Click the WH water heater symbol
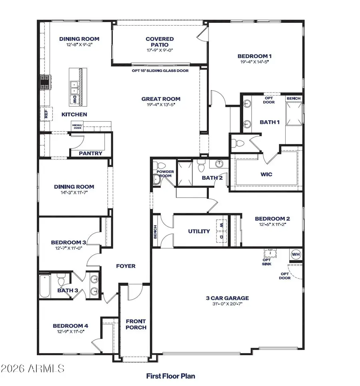[x=296, y=254]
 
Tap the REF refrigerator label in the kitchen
[x=46, y=114]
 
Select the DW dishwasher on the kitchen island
[x=74, y=100]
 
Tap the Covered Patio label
[x=160, y=42]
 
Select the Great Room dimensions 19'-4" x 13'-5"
[x=161, y=105]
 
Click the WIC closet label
[x=267, y=174]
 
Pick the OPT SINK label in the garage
[x=267, y=262]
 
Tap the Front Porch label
[x=136, y=324]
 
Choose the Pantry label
[x=90, y=153]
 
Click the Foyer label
[x=126, y=266]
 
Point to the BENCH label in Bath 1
[x=294, y=98]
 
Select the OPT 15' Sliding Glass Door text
[x=160, y=70]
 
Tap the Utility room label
[x=199, y=231]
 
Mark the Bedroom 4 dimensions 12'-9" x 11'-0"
[x=70, y=332]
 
